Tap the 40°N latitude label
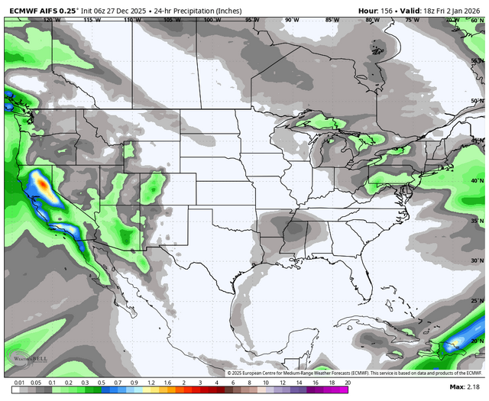coord(477,181)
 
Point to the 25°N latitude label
coord(477,301)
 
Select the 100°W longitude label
coord(212,20)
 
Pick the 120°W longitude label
coord(52,20)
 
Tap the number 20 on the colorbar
coord(348,382)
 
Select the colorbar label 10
coord(265,382)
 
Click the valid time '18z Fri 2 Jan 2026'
coord(451,10)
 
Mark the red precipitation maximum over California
coord(43,183)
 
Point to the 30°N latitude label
coord(477,261)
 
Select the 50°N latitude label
coord(477,101)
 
